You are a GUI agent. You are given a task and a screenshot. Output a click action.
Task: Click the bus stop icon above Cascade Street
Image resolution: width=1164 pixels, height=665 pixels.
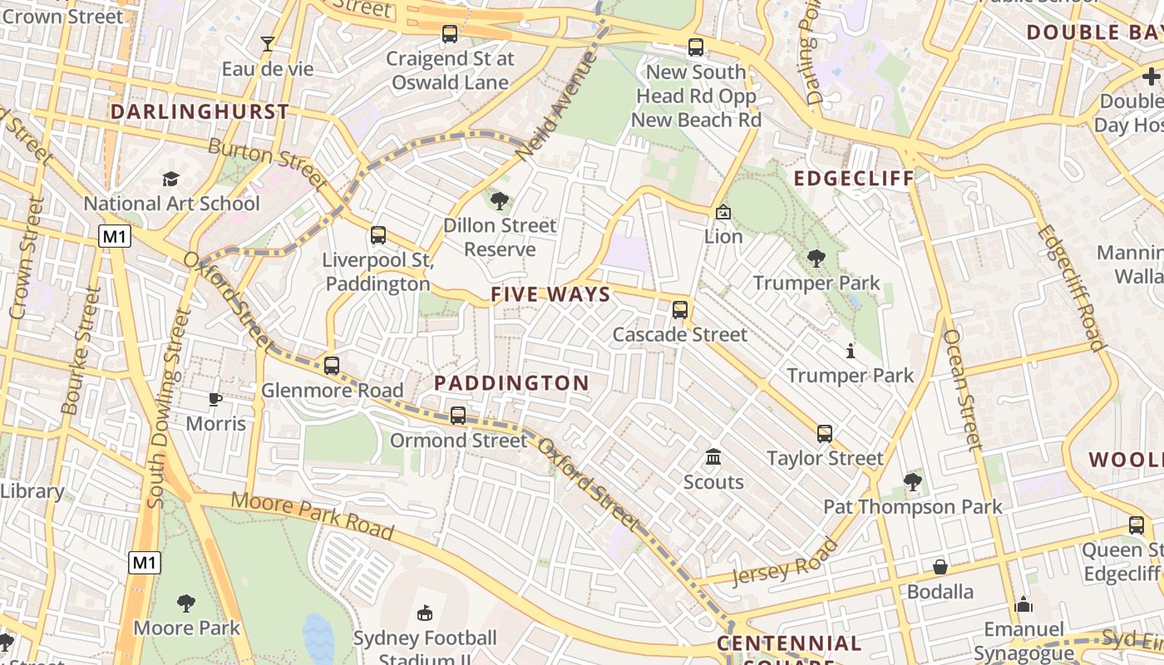click(x=680, y=310)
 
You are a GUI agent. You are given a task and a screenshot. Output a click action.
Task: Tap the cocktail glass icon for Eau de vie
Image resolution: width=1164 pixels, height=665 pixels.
click(x=268, y=44)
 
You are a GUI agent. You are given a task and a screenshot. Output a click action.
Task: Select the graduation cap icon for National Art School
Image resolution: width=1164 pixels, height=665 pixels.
click(x=171, y=179)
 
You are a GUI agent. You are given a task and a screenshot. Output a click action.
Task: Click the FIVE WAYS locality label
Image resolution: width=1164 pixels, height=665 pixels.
click(x=550, y=294)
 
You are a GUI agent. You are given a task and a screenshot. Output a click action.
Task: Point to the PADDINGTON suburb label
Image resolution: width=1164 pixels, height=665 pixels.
click(x=511, y=383)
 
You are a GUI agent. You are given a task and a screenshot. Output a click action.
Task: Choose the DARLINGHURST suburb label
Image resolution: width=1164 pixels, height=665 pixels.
click(x=200, y=111)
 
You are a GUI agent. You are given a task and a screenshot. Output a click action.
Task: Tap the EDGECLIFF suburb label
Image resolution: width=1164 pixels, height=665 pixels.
click(x=853, y=179)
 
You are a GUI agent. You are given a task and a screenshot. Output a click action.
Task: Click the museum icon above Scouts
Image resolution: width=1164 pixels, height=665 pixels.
click(x=713, y=457)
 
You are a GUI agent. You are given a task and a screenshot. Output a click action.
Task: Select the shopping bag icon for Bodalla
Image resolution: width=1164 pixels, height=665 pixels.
click(x=940, y=567)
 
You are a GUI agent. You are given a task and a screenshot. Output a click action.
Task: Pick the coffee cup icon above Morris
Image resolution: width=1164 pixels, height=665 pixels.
click(x=215, y=399)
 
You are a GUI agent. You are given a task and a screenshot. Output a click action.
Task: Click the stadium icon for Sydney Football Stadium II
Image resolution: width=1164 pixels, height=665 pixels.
click(x=425, y=613)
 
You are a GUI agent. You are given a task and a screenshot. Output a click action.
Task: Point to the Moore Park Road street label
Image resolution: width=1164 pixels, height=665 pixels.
click(x=312, y=515)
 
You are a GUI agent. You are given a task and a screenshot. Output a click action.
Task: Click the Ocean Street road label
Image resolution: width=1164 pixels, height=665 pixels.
click(x=963, y=390)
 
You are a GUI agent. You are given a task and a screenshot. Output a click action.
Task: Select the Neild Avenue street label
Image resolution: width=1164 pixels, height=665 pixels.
click(x=556, y=107)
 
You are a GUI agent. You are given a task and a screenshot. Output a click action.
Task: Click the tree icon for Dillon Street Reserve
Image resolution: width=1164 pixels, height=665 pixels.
click(x=500, y=200)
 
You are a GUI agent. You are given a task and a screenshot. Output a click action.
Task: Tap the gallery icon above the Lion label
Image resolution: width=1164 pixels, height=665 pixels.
click(x=723, y=212)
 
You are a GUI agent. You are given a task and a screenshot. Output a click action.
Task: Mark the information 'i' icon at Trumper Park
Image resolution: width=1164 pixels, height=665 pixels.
click(x=850, y=351)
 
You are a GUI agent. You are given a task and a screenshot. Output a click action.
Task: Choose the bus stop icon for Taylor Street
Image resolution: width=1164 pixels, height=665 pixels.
click(x=824, y=433)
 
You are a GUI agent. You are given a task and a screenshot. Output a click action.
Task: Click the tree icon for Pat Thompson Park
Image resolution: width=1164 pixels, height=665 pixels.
click(x=912, y=481)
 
